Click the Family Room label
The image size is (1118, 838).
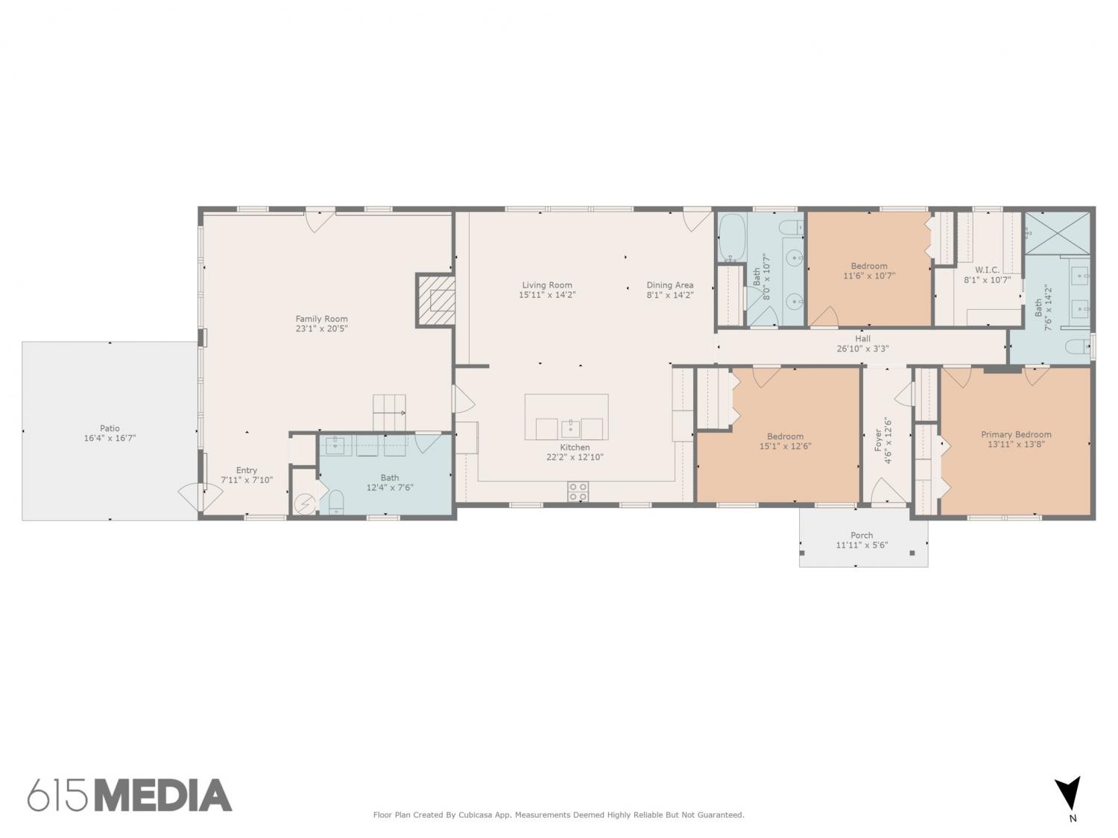pos(321,319)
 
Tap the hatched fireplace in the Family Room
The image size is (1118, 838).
pos(436,300)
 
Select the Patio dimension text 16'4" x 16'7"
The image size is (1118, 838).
pos(110,438)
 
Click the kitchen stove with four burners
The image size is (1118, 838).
pos(578,491)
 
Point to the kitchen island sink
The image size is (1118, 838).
pos(570,429)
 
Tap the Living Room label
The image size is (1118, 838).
pos(547,285)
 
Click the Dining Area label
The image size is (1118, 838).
pos(670,285)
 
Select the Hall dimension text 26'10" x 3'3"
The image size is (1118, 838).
pos(862,349)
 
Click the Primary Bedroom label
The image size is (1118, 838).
pos(1016,434)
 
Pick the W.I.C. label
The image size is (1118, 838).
pos(987,270)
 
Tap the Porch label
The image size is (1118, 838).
pos(862,536)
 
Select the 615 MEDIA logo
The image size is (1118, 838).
pos(130,796)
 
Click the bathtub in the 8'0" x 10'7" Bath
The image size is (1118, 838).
pos(732,238)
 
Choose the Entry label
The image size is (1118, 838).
pos(247,471)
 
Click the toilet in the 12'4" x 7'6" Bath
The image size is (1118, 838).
pos(336,501)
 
